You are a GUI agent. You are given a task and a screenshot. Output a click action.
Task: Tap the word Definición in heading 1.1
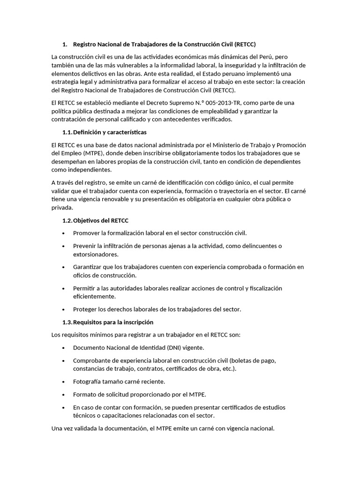coord(88,132)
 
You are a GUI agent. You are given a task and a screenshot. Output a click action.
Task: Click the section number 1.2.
coord(67,220)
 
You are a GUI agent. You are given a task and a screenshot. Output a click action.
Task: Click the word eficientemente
coord(94,297)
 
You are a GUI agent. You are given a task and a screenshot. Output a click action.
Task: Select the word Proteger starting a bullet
coord(86,309)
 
